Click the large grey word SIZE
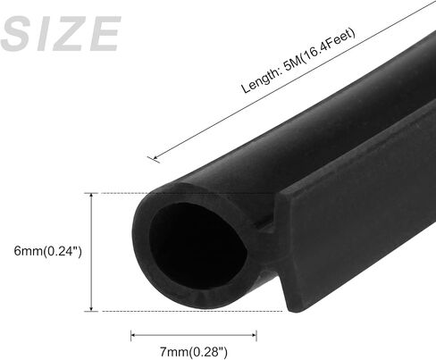(61, 34)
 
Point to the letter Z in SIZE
(67, 34)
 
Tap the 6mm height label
(29, 251)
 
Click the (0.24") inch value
(63, 252)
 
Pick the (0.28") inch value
(208, 352)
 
